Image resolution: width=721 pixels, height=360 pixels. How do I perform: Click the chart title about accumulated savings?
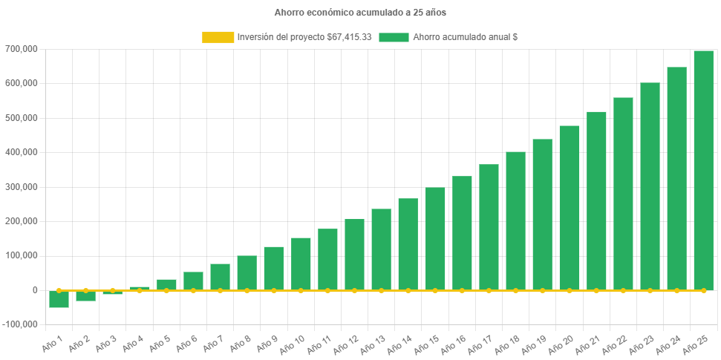pos(360,13)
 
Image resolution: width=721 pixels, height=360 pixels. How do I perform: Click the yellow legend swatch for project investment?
pos(218,36)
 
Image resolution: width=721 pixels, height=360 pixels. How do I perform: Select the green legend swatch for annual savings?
pos(394,36)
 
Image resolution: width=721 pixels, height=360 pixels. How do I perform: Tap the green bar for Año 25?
pos(703,171)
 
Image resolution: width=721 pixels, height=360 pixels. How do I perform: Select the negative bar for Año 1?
pos(59,299)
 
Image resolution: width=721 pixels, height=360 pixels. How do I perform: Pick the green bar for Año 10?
pos(301,264)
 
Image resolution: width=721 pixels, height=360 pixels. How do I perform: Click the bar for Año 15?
pos(435,238)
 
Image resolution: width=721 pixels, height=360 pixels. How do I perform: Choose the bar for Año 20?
pos(570,208)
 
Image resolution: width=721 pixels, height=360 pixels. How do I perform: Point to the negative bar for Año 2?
pos(85,296)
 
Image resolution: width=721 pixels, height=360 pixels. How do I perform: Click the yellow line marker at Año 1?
pos(59,290)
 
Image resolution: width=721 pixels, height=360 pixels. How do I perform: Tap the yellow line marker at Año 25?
pos(703,290)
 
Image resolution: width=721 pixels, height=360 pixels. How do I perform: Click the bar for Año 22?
pos(623,194)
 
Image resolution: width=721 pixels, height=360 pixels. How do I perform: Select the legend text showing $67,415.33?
pos(304,36)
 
